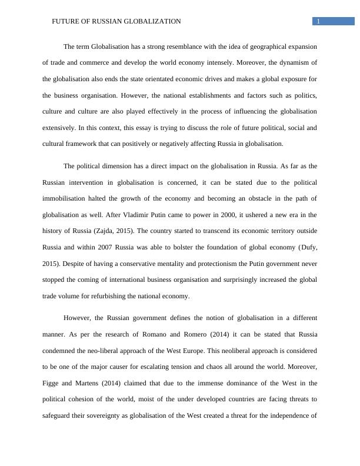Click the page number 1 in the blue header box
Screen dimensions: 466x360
coord(318,21)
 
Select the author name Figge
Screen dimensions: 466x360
coord(51,383)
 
